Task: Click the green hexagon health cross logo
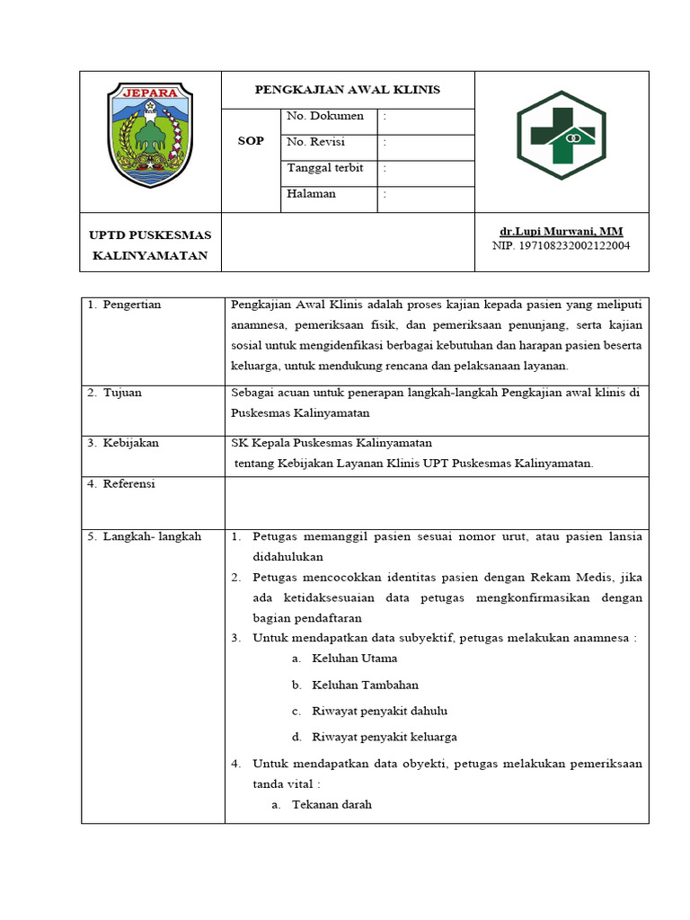tap(562, 135)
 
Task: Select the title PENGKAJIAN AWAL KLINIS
tap(348, 90)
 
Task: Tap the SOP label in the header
tap(251, 141)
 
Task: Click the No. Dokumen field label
tap(325, 116)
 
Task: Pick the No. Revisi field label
tap(315, 142)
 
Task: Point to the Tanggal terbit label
tap(324, 168)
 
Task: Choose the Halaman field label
tap(311, 193)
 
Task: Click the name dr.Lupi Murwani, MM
tap(562, 231)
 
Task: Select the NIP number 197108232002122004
tap(562, 245)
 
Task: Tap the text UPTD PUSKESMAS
tap(150, 235)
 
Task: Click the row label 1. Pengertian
tap(124, 305)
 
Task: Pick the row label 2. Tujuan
tap(114, 393)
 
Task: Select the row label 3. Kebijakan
tap(123, 443)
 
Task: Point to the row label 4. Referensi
tap(121, 483)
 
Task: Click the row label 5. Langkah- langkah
tap(144, 536)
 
